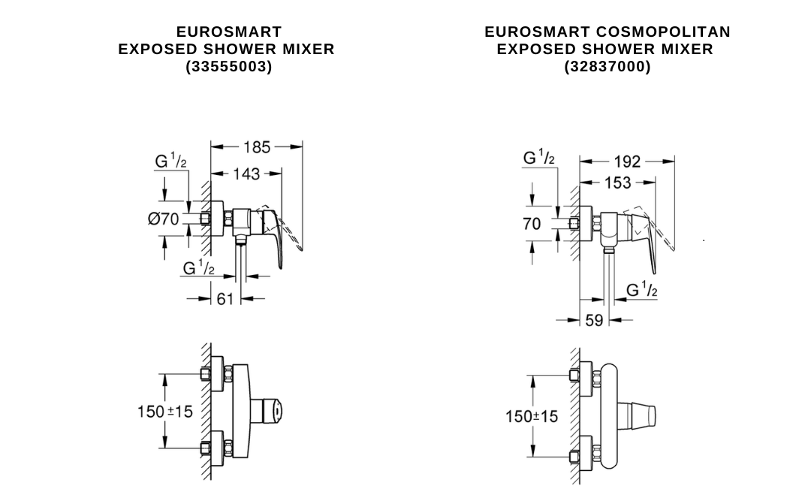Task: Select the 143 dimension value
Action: (x=246, y=174)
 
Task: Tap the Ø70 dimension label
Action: (x=164, y=219)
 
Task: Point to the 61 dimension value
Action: (x=225, y=299)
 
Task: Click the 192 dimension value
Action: (x=627, y=161)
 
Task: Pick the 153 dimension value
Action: (x=617, y=183)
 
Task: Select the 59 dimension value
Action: (x=594, y=321)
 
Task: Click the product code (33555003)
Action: (x=228, y=66)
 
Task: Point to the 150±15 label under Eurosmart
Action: (x=164, y=412)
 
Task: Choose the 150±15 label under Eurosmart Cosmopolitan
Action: (x=532, y=416)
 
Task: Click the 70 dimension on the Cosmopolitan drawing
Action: (x=532, y=224)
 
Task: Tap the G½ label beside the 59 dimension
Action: (x=642, y=290)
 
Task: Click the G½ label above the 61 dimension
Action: (x=199, y=267)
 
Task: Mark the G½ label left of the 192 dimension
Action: (x=539, y=158)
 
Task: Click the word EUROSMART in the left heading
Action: (x=228, y=32)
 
